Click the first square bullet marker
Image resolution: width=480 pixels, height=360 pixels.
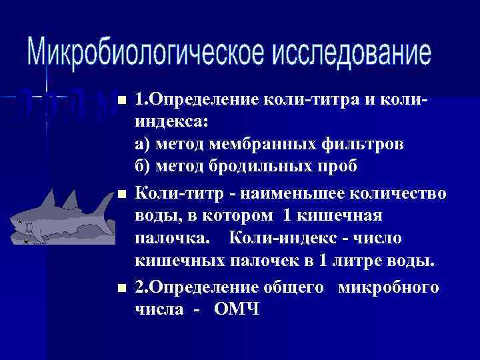[x=121, y=101]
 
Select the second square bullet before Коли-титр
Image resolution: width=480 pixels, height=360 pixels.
[x=121, y=195]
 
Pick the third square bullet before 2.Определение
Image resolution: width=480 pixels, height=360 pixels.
[x=121, y=289]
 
